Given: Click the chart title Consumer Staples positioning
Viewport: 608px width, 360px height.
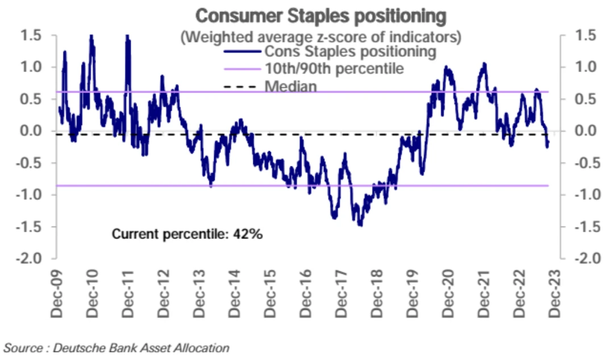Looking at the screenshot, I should (x=320, y=15).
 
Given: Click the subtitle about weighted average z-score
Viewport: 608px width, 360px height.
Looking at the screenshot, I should (x=320, y=37).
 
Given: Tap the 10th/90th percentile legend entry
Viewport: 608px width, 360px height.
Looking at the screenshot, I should (x=335, y=69).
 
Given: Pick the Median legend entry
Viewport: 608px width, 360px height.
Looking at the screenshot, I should (x=291, y=86).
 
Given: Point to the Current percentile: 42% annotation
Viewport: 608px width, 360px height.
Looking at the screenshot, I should (x=187, y=234).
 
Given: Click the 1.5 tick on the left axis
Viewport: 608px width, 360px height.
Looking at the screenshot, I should (x=31, y=36).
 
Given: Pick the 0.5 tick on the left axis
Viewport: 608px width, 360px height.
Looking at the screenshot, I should (x=31, y=99).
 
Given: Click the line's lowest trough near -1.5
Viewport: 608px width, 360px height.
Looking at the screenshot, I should (x=360, y=225).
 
